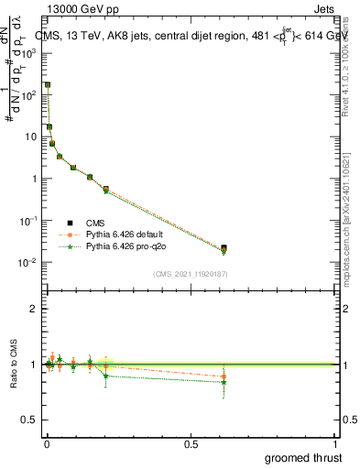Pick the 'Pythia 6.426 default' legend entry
pyautogui.click(x=125, y=234)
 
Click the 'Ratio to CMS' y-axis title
pyautogui.click(x=14, y=365)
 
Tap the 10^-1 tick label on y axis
pyautogui.click(x=29, y=221)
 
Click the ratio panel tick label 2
pyautogui.click(x=34, y=309)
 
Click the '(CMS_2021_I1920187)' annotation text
pyautogui.click(x=191, y=273)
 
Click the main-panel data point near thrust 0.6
pyautogui.click(x=224, y=248)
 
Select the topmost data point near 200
pyautogui.click(x=48, y=84)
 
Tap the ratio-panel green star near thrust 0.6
pyautogui.click(x=224, y=382)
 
